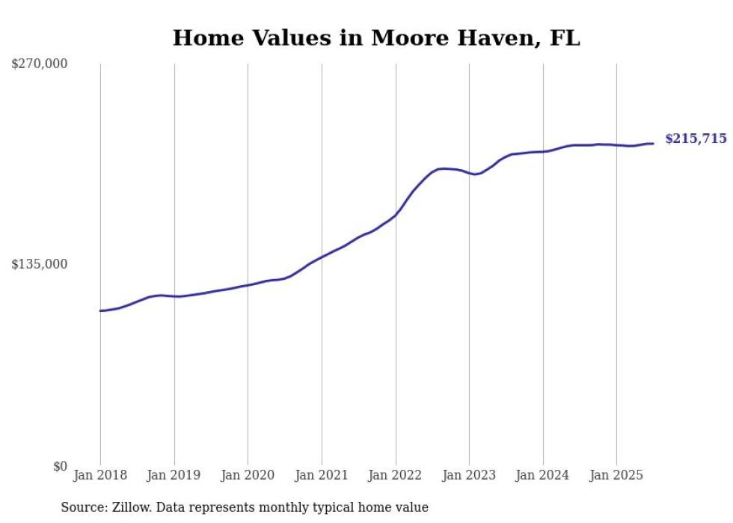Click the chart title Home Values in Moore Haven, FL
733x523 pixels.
click(376, 38)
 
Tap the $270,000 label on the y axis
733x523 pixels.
click(40, 64)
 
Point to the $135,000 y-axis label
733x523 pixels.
click(40, 264)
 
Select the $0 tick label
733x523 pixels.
click(60, 466)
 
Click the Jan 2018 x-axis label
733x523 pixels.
click(100, 475)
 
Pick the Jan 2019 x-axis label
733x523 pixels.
click(174, 475)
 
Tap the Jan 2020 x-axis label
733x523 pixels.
click(248, 475)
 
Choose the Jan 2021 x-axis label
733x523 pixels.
click(322, 475)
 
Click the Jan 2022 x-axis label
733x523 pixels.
click(396, 475)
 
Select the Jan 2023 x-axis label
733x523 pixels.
click(469, 475)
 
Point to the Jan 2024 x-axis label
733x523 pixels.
click(543, 475)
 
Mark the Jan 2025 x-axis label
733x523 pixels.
click(616, 475)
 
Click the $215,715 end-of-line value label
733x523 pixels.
click(696, 138)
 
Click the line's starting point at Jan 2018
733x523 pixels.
click(101, 311)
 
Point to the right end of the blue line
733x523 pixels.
click(653, 144)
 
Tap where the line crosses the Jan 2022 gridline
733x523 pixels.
click(396, 215)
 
